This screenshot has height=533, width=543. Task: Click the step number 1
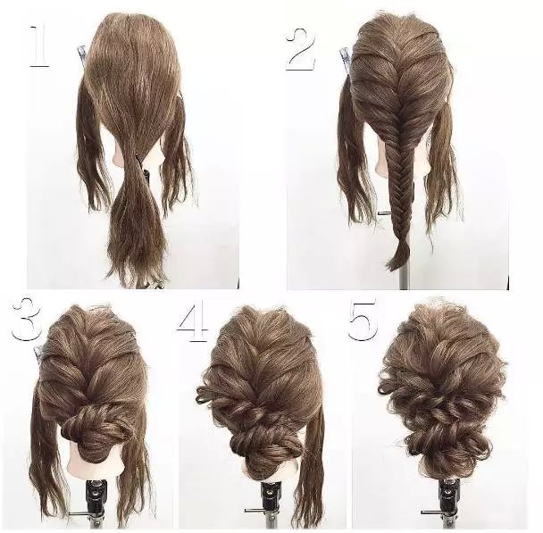click(x=38, y=46)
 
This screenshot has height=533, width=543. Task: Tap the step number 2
click(x=302, y=50)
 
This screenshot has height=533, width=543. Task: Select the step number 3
click(x=27, y=319)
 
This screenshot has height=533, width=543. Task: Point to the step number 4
click(x=193, y=322)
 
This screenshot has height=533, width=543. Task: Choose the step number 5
click(x=363, y=321)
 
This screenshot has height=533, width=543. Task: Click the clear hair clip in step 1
click(x=82, y=54)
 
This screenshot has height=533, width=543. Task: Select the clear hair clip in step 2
click(x=345, y=60)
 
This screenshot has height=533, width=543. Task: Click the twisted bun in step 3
click(x=94, y=427)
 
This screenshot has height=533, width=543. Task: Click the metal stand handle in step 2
click(x=384, y=214)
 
